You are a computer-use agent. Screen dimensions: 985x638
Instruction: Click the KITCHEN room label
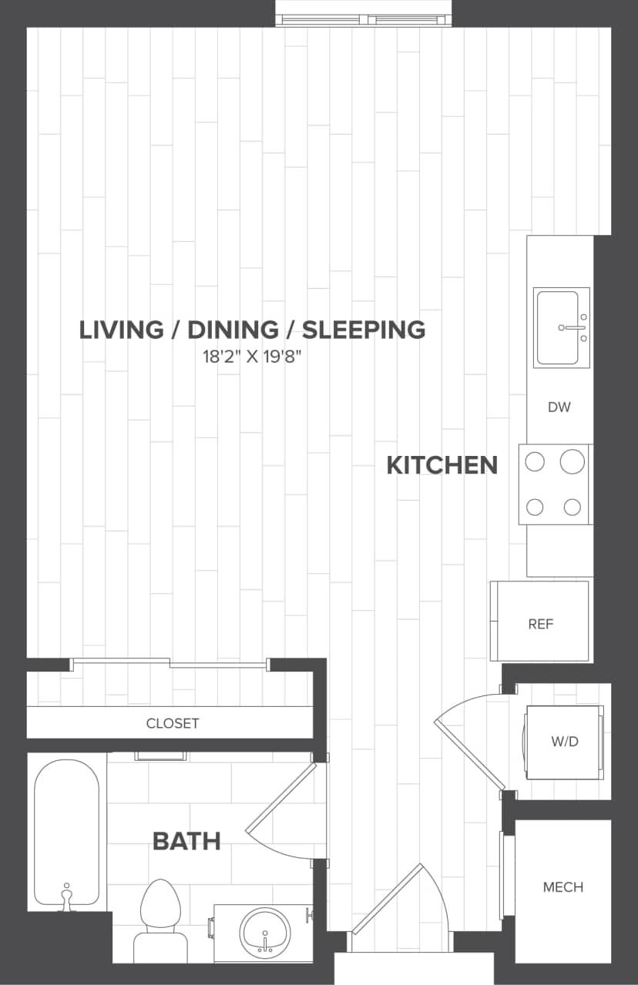click(442, 465)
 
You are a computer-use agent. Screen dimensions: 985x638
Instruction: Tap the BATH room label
click(186, 841)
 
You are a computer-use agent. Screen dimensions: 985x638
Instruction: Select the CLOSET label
click(173, 723)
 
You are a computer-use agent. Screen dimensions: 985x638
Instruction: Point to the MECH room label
click(562, 887)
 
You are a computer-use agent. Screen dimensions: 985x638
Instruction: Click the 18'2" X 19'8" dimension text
click(251, 357)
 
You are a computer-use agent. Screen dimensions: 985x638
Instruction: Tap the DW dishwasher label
click(559, 407)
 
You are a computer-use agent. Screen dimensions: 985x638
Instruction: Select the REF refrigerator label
click(540, 625)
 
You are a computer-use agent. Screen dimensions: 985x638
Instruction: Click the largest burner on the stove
click(572, 461)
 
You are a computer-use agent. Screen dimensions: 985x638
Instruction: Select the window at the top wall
click(364, 19)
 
